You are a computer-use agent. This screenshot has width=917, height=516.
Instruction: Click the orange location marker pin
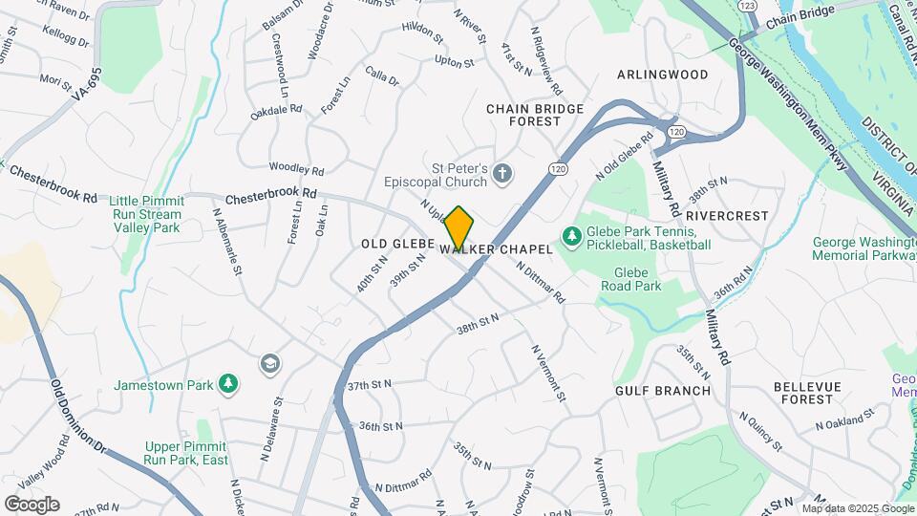coord(458,227)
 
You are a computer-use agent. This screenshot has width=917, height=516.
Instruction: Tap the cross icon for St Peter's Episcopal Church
coord(503,173)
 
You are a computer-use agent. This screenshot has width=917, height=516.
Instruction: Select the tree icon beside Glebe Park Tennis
coord(571,234)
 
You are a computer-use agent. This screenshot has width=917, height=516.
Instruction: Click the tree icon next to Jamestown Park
coord(227,384)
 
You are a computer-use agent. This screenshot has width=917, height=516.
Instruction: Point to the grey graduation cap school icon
coord(269,363)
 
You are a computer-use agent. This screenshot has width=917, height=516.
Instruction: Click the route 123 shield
coord(748,6)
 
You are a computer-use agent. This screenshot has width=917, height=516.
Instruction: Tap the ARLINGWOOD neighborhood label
coord(662,75)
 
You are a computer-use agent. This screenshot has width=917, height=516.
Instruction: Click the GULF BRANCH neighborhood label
coord(663,391)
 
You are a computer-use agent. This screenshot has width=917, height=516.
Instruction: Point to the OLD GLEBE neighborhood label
coord(398,245)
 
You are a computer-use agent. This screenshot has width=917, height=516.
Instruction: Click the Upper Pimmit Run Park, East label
coord(186,453)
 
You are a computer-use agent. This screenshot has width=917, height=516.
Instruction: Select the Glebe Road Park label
coord(630,278)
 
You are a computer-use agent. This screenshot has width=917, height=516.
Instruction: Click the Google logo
coord(32,505)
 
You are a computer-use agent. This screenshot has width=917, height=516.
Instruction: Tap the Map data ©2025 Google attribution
coord(856,508)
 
